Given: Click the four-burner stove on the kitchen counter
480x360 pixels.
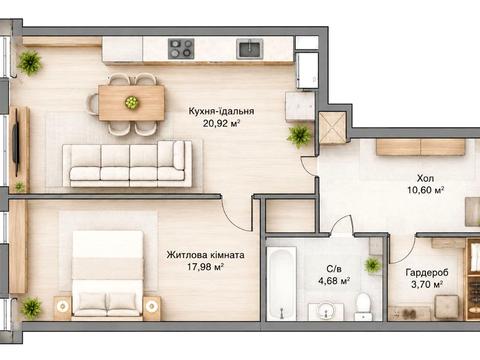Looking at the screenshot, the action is click(181, 49).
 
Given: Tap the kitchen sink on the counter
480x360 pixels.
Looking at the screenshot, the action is click(250, 49).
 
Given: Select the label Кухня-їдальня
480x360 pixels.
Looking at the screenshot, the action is click(221, 111).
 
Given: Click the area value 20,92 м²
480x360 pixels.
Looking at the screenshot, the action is click(222, 124).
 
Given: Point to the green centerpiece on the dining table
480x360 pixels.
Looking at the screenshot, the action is click(131, 102).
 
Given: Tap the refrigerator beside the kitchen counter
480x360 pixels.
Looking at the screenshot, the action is click(307, 71).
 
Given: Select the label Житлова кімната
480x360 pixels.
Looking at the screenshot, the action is click(205, 255).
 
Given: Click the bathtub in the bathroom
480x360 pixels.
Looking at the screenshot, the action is click(282, 283).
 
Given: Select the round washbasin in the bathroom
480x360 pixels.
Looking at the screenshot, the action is click(326, 311).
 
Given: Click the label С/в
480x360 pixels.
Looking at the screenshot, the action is click(334, 269).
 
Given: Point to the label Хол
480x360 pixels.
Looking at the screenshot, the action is click(425, 178).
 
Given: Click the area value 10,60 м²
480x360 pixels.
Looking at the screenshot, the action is click(426, 190).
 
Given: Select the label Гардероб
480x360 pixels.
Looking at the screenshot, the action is click(427, 273).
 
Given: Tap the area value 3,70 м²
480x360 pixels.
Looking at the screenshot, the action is click(427, 285).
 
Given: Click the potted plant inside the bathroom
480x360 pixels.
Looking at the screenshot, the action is click(373, 265).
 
